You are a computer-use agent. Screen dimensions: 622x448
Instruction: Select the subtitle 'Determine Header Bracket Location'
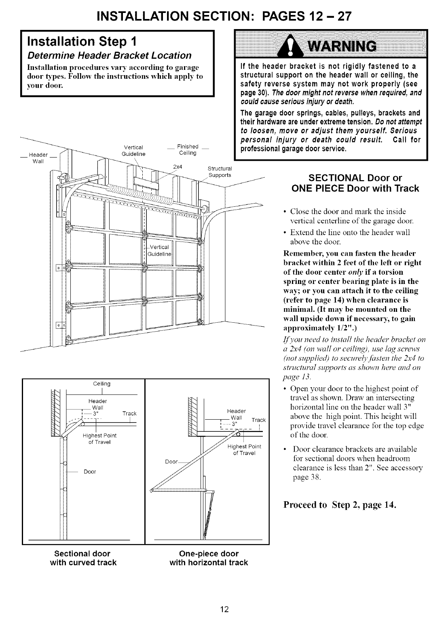click(104, 55)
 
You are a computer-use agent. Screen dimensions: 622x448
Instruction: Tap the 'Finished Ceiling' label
click(188, 149)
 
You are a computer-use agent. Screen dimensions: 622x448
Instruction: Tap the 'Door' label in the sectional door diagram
click(90, 471)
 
